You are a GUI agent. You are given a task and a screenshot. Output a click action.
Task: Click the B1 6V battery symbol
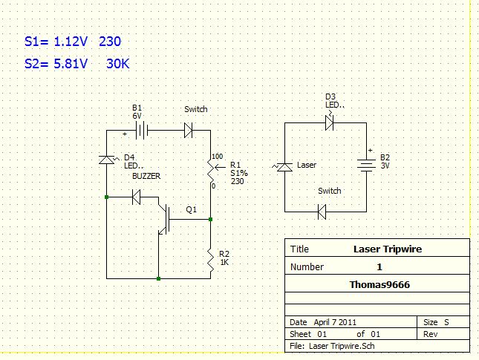pos(141,131)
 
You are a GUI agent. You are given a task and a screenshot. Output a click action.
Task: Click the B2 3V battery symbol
pos(365,165)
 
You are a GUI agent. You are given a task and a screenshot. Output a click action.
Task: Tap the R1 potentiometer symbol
pos(211,171)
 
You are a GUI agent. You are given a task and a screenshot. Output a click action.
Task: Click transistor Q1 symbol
pos(165,219)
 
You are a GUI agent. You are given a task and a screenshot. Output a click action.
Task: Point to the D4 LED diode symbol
pos(107,160)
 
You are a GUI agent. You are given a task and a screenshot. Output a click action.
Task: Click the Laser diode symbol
pos(284,167)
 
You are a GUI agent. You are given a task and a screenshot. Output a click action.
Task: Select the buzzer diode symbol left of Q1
pos(136,197)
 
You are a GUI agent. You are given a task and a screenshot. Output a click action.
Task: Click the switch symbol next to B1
pos(189,131)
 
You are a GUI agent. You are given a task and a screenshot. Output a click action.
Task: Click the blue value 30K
pos(118,64)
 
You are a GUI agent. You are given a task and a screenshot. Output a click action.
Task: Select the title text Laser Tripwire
pos(387,249)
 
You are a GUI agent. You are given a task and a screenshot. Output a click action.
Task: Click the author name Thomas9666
pos(379,284)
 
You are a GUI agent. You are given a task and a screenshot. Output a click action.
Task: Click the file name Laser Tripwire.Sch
pos(338,346)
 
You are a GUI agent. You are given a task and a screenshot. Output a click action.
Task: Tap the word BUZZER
pos(146,176)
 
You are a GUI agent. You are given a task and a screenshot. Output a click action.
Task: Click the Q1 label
pos(192,210)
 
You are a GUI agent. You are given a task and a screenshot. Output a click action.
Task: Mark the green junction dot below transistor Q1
pos(159,278)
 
